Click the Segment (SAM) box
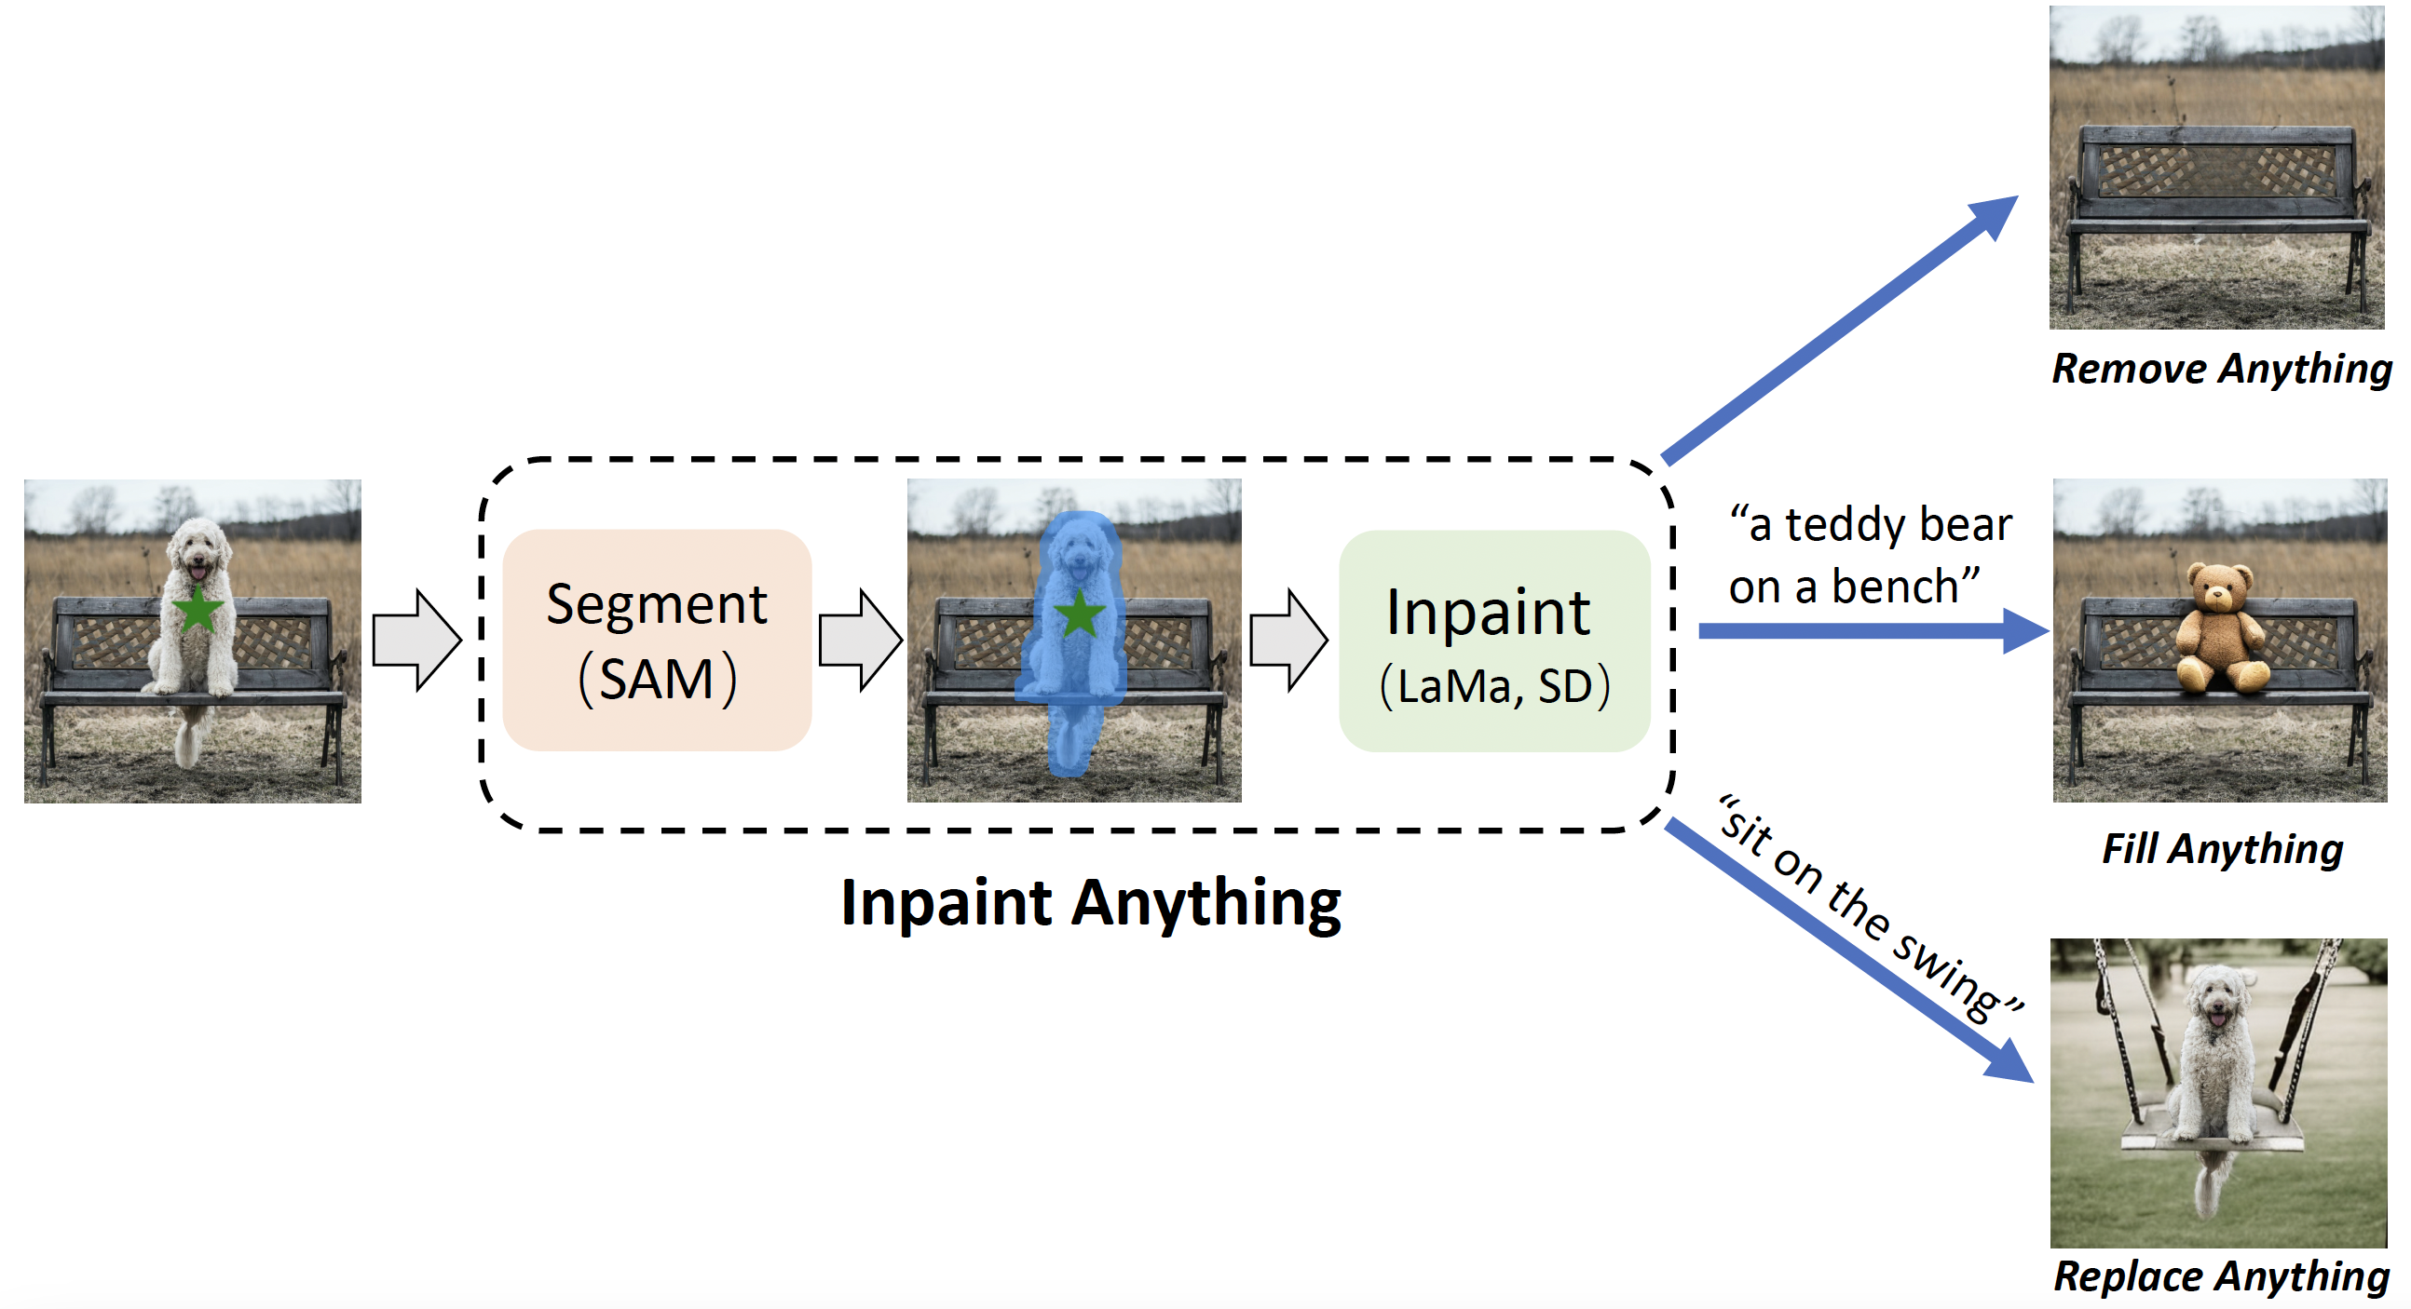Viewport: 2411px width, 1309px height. (x=656, y=640)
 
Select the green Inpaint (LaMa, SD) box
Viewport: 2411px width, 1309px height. (x=1493, y=641)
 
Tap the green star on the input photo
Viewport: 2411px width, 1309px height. (x=198, y=610)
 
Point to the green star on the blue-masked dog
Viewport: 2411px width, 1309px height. (x=1079, y=614)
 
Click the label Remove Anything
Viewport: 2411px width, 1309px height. (x=2220, y=369)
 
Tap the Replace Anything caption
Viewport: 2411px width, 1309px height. (x=2220, y=1276)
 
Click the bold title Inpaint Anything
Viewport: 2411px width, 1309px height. (x=1090, y=903)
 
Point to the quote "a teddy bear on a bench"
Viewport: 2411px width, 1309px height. (x=1868, y=555)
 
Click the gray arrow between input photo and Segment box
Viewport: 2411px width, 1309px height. (x=416, y=641)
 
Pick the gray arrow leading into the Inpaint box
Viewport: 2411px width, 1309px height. (x=1288, y=641)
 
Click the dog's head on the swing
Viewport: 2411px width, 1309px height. (x=2216, y=1002)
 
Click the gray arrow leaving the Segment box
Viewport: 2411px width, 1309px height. (x=860, y=641)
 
